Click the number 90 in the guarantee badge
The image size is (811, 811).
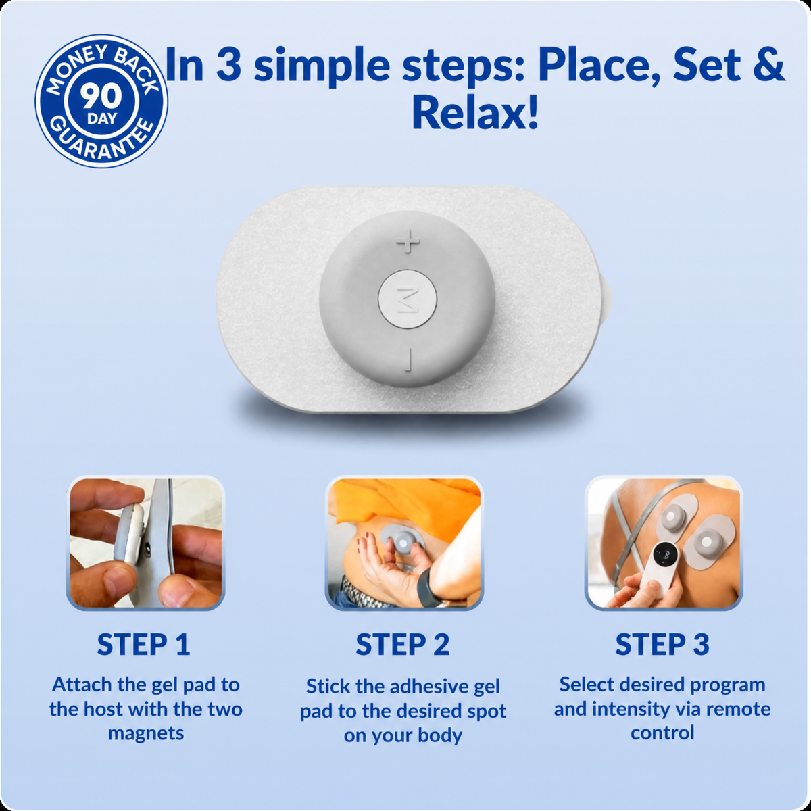click(x=101, y=97)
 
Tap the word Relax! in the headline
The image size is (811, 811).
click(x=475, y=113)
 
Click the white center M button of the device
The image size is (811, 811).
click(x=408, y=299)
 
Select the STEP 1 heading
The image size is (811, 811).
click(x=143, y=645)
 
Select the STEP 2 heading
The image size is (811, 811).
click(x=403, y=645)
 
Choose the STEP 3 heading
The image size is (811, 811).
click(x=662, y=645)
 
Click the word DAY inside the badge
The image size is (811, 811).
click(x=101, y=119)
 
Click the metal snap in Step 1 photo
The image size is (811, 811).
click(x=147, y=547)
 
